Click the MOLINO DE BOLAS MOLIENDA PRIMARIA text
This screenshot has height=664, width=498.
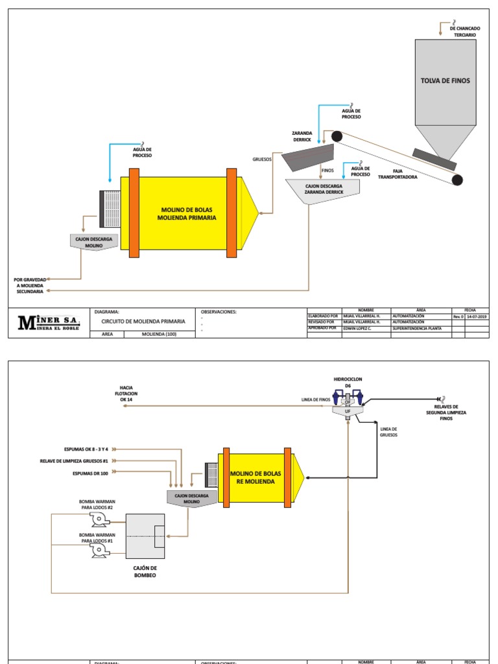[x=188, y=214]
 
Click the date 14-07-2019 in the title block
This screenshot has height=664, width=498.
[x=477, y=316]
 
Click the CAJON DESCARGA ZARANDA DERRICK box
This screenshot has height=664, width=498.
[x=322, y=189]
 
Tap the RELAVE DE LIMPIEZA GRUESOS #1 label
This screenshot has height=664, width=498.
[x=77, y=461]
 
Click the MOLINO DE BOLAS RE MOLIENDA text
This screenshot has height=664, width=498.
[x=253, y=478]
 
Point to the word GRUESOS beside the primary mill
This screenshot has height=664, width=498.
[x=262, y=158]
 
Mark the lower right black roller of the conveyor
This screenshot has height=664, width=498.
[x=458, y=180]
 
